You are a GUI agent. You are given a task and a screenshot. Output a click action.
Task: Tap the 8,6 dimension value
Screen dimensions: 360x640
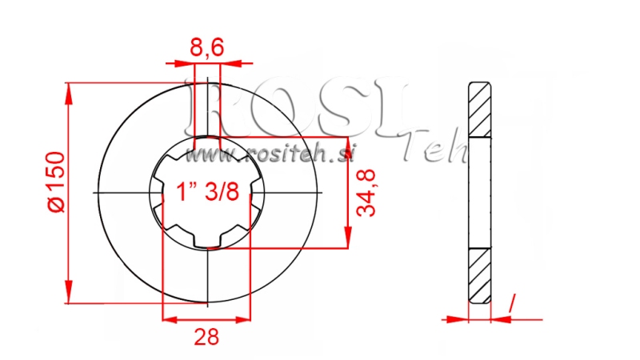click(206, 50)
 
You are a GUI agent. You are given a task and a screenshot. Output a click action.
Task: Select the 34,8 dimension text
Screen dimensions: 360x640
click(367, 194)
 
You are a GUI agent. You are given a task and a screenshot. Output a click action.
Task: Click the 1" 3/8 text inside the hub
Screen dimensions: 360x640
click(206, 192)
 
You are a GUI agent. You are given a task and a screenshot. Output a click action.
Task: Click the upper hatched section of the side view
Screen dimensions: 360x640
click(478, 109)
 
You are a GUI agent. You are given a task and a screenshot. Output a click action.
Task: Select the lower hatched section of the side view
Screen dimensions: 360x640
click(478, 276)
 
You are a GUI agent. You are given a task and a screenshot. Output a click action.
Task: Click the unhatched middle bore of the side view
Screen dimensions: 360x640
click(478, 193)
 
